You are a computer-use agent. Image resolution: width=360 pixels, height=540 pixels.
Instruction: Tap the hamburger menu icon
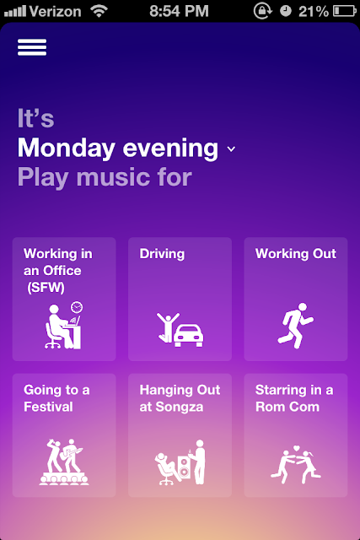(32, 47)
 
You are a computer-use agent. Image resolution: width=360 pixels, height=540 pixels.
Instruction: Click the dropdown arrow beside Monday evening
(231, 148)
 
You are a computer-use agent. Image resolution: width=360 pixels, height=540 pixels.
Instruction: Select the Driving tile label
(162, 254)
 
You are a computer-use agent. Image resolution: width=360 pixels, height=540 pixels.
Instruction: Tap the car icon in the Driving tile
(188, 336)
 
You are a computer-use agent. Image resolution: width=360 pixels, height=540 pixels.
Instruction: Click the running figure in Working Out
(295, 326)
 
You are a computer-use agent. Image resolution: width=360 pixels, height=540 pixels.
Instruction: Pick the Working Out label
(296, 254)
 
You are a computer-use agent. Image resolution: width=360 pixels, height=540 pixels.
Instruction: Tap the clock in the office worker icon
(77, 307)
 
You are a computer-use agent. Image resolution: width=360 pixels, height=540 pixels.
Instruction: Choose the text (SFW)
(46, 287)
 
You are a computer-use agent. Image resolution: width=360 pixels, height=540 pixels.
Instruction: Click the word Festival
(48, 407)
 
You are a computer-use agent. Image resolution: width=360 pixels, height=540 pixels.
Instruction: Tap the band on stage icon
(64, 462)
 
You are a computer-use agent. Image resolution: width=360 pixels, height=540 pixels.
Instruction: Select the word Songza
(180, 407)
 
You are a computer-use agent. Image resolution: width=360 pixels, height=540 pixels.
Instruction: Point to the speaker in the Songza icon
(184, 467)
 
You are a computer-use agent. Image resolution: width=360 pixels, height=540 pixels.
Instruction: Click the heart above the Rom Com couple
(297, 448)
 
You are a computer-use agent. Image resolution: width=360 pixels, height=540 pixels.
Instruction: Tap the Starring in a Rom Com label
(294, 398)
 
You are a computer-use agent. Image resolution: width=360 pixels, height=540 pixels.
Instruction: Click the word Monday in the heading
(67, 148)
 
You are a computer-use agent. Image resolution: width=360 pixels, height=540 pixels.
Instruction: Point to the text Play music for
(105, 177)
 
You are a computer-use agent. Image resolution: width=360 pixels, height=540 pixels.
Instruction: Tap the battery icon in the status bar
(345, 11)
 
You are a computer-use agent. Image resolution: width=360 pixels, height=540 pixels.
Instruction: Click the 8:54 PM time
(179, 11)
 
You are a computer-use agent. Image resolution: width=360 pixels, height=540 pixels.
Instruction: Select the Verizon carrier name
(55, 12)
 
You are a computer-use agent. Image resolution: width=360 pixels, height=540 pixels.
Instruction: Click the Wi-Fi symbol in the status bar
(99, 11)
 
